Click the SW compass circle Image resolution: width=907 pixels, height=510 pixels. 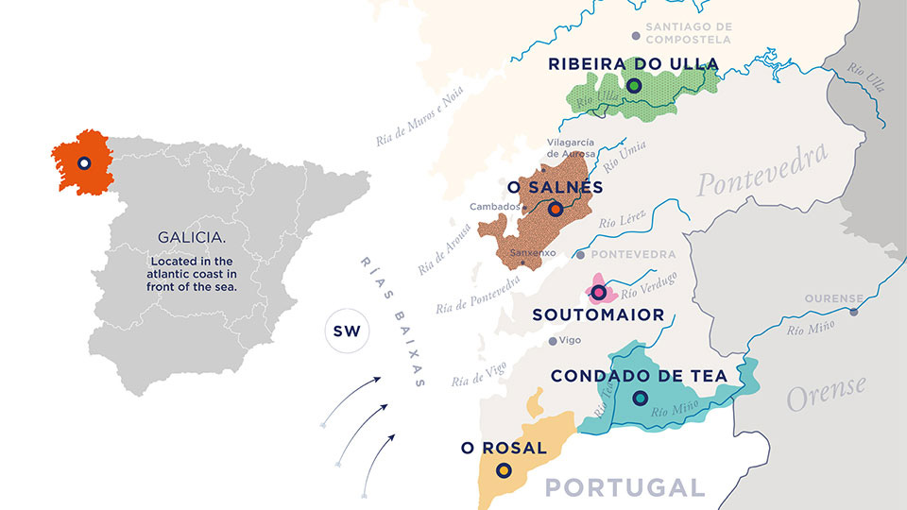coord(345,331)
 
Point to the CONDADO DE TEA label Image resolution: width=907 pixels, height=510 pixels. coord(639,376)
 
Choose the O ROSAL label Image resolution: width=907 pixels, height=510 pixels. coord(504,448)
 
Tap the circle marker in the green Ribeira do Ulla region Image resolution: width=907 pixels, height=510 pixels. coord(634,86)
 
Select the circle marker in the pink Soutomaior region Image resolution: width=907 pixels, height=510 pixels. coord(598,293)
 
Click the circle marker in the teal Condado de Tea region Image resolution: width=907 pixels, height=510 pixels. coord(640,399)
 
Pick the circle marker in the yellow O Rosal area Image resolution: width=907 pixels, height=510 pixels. coord(504,470)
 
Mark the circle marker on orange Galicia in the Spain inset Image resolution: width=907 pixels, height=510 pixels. coord(83,163)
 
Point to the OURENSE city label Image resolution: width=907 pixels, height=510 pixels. coord(832,298)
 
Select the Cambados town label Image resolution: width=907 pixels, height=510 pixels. coord(494,207)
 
